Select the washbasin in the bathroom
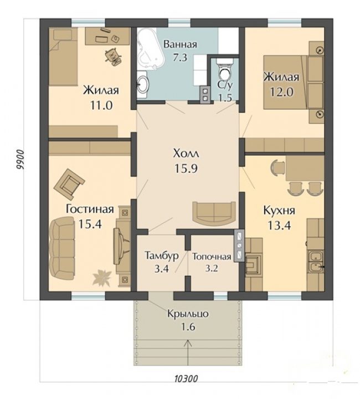pyautogui.click(x=143, y=84)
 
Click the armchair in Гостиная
pyautogui.click(x=69, y=184)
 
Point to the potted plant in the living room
pyautogui.click(x=102, y=278)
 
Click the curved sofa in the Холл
pyautogui.click(x=214, y=212)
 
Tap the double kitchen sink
pyautogui.click(x=316, y=260)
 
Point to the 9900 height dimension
pyautogui.click(x=20, y=160)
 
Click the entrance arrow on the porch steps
pyautogui.click(x=188, y=354)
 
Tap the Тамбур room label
pyautogui.click(x=161, y=255)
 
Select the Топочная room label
pyautogui.click(x=212, y=257)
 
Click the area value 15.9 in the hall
pyautogui.click(x=186, y=168)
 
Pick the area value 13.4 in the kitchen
pyautogui.click(x=280, y=225)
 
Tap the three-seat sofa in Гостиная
pyautogui.click(x=62, y=248)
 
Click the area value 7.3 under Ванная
pyautogui.click(x=180, y=58)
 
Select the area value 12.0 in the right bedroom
pyautogui.click(x=282, y=92)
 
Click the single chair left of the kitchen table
pyautogui.click(x=277, y=167)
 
